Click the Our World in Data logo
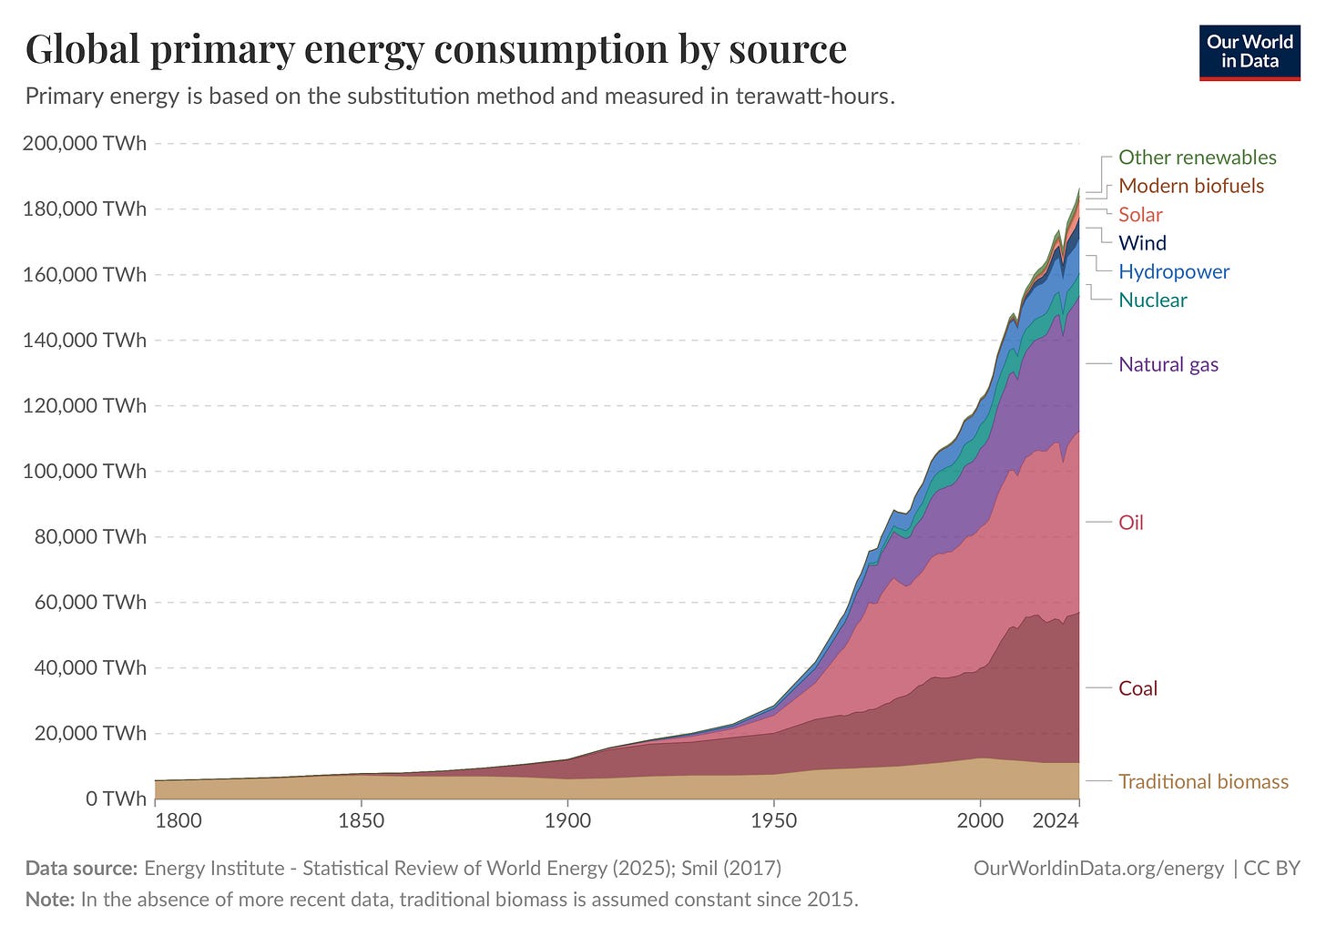tap(1249, 53)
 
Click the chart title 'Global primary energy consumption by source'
tap(435, 49)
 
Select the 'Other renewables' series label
tap(1197, 158)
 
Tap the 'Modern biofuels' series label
tap(1190, 186)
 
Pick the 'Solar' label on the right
tap(1140, 215)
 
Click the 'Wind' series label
tap(1142, 243)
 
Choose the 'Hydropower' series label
tap(1173, 271)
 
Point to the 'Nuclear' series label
tap(1152, 300)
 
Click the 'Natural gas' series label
tap(1168, 365)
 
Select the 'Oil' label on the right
tap(1130, 523)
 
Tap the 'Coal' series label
tap(1137, 688)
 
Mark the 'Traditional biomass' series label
tap(1202, 782)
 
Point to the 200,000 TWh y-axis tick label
tap(84, 144)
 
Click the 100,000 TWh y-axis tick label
tap(84, 472)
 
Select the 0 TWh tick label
tap(116, 799)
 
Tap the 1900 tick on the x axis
tap(567, 821)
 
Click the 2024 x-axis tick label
tap(1056, 821)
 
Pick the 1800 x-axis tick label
tap(178, 821)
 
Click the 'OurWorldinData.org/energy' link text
tap(1098, 869)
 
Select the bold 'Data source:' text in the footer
tap(81, 869)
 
